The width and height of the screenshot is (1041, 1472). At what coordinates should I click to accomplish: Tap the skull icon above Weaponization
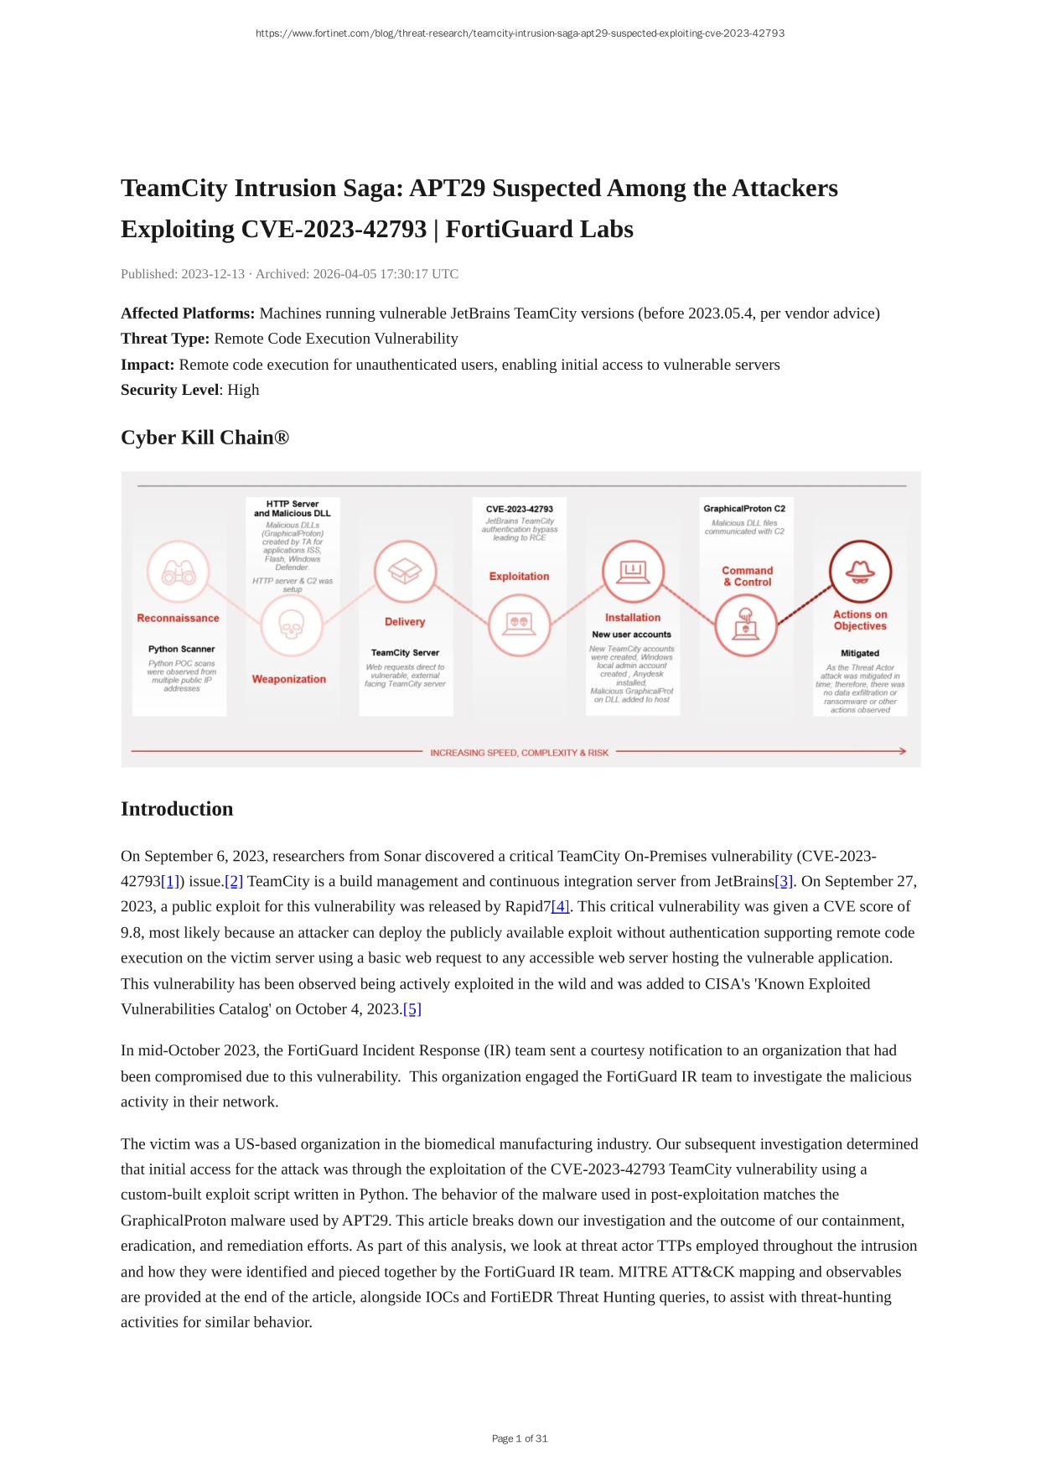290,625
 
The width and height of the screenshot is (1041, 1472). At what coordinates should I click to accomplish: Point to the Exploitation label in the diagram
519,577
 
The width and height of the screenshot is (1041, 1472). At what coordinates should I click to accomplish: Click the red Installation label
633,618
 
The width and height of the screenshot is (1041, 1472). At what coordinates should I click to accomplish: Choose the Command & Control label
747,577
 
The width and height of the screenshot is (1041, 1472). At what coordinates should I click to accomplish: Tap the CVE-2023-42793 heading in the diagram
519,509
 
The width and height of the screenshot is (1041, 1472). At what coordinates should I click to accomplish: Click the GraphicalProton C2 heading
744,509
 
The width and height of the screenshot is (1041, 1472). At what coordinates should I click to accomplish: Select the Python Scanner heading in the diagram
181,649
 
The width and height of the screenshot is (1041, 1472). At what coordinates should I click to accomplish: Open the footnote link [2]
234,882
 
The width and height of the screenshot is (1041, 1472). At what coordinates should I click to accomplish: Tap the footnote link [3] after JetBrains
784,882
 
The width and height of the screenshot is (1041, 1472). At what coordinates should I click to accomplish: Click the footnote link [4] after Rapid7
560,907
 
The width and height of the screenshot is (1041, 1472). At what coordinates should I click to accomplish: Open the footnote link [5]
412,1009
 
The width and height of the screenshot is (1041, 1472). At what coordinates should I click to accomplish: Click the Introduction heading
177,809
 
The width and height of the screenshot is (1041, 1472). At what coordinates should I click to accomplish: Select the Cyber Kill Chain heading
205,438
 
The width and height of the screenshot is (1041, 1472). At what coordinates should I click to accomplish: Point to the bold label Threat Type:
165,339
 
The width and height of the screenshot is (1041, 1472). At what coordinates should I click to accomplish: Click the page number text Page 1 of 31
520,1438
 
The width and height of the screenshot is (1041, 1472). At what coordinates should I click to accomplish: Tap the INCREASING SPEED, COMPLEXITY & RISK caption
519,753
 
